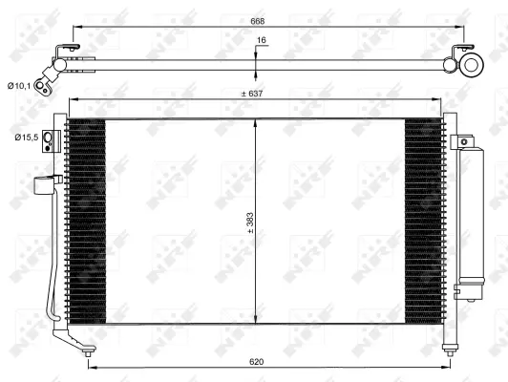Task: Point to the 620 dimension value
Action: point(255,362)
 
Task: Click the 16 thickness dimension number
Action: point(262,41)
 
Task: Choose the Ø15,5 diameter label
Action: point(26,138)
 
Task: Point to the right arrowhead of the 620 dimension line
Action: point(443,369)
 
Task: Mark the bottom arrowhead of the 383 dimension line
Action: point(255,323)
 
